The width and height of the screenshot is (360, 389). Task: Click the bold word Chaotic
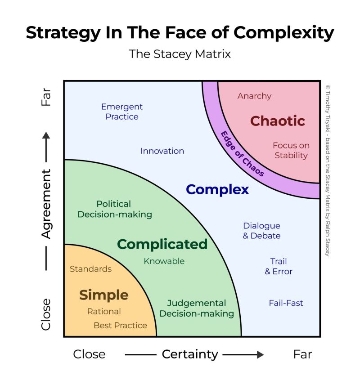277,121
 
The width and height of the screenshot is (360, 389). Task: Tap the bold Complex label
217,190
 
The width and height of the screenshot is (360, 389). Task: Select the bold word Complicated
162,244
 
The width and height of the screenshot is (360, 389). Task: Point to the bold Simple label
104,295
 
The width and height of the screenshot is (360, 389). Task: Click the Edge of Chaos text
242,153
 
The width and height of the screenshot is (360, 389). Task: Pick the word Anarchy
254,96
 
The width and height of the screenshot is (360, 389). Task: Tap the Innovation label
162,151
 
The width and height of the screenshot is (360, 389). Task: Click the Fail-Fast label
286,303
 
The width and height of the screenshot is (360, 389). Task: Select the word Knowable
164,261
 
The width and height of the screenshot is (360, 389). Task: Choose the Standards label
90,269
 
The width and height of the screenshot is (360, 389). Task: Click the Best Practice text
120,325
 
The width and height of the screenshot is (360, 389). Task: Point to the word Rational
104,311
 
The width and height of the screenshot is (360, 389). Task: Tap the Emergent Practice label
121,112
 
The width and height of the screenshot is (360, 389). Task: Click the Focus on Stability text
291,150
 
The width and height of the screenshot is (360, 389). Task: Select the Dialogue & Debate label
262,231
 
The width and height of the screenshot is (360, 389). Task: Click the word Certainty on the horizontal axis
190,354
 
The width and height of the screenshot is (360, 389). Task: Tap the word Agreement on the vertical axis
46,204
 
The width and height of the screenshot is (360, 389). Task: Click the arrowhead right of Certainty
260,354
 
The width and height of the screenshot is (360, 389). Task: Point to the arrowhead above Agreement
46,135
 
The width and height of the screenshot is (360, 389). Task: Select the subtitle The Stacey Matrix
180,54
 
